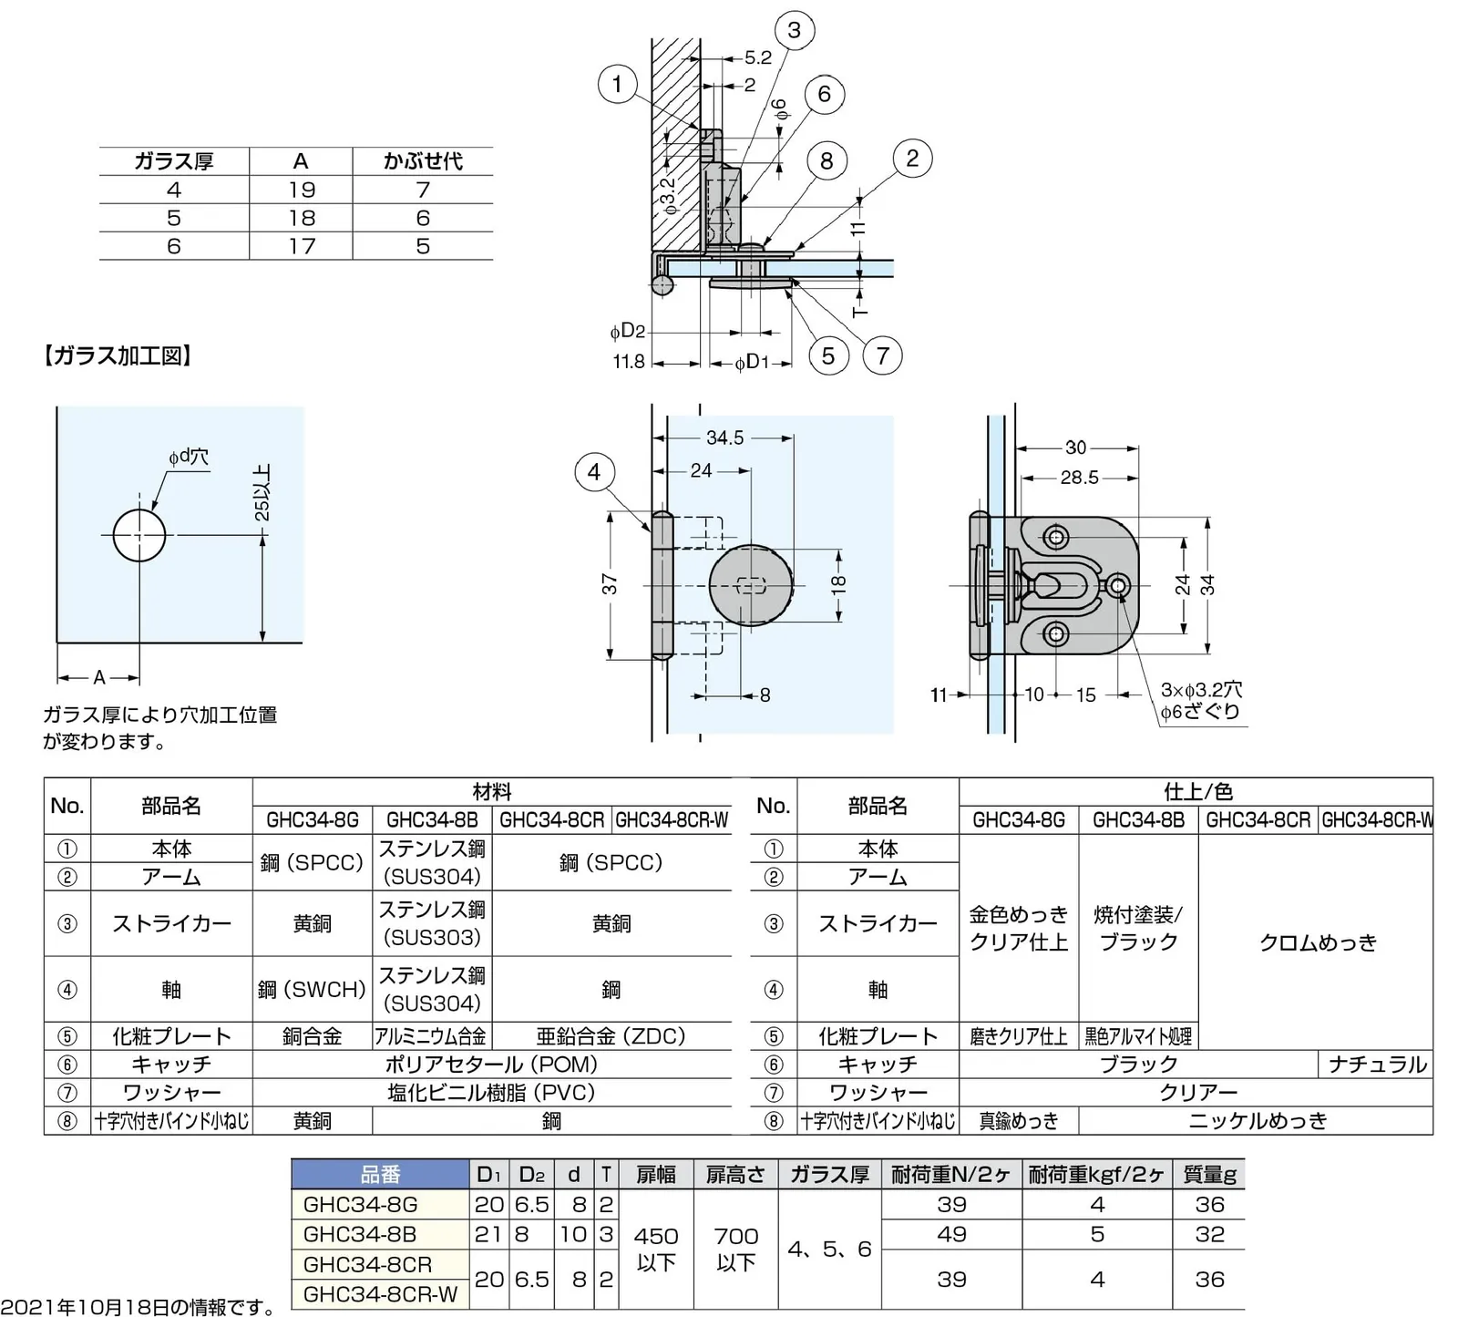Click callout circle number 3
tap(794, 30)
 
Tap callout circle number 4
tap(594, 472)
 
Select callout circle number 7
tap(882, 355)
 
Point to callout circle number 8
tap(827, 161)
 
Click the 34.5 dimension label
tap(724, 438)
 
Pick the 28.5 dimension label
tap(1079, 478)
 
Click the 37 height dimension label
tap(610, 584)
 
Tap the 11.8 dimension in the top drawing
tap(629, 362)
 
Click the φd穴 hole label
tap(189, 457)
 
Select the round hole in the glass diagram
tap(139, 535)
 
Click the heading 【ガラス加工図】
tap(118, 355)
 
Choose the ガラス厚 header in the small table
tap(173, 161)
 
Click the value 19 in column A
tap(301, 190)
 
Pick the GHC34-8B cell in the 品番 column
tap(360, 1234)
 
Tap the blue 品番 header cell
tap(380, 1175)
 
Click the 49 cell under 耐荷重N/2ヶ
tap(951, 1234)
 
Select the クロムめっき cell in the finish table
tap(1317, 942)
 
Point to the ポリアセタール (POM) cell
tap(491, 1065)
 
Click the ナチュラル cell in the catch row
tap(1376, 1065)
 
